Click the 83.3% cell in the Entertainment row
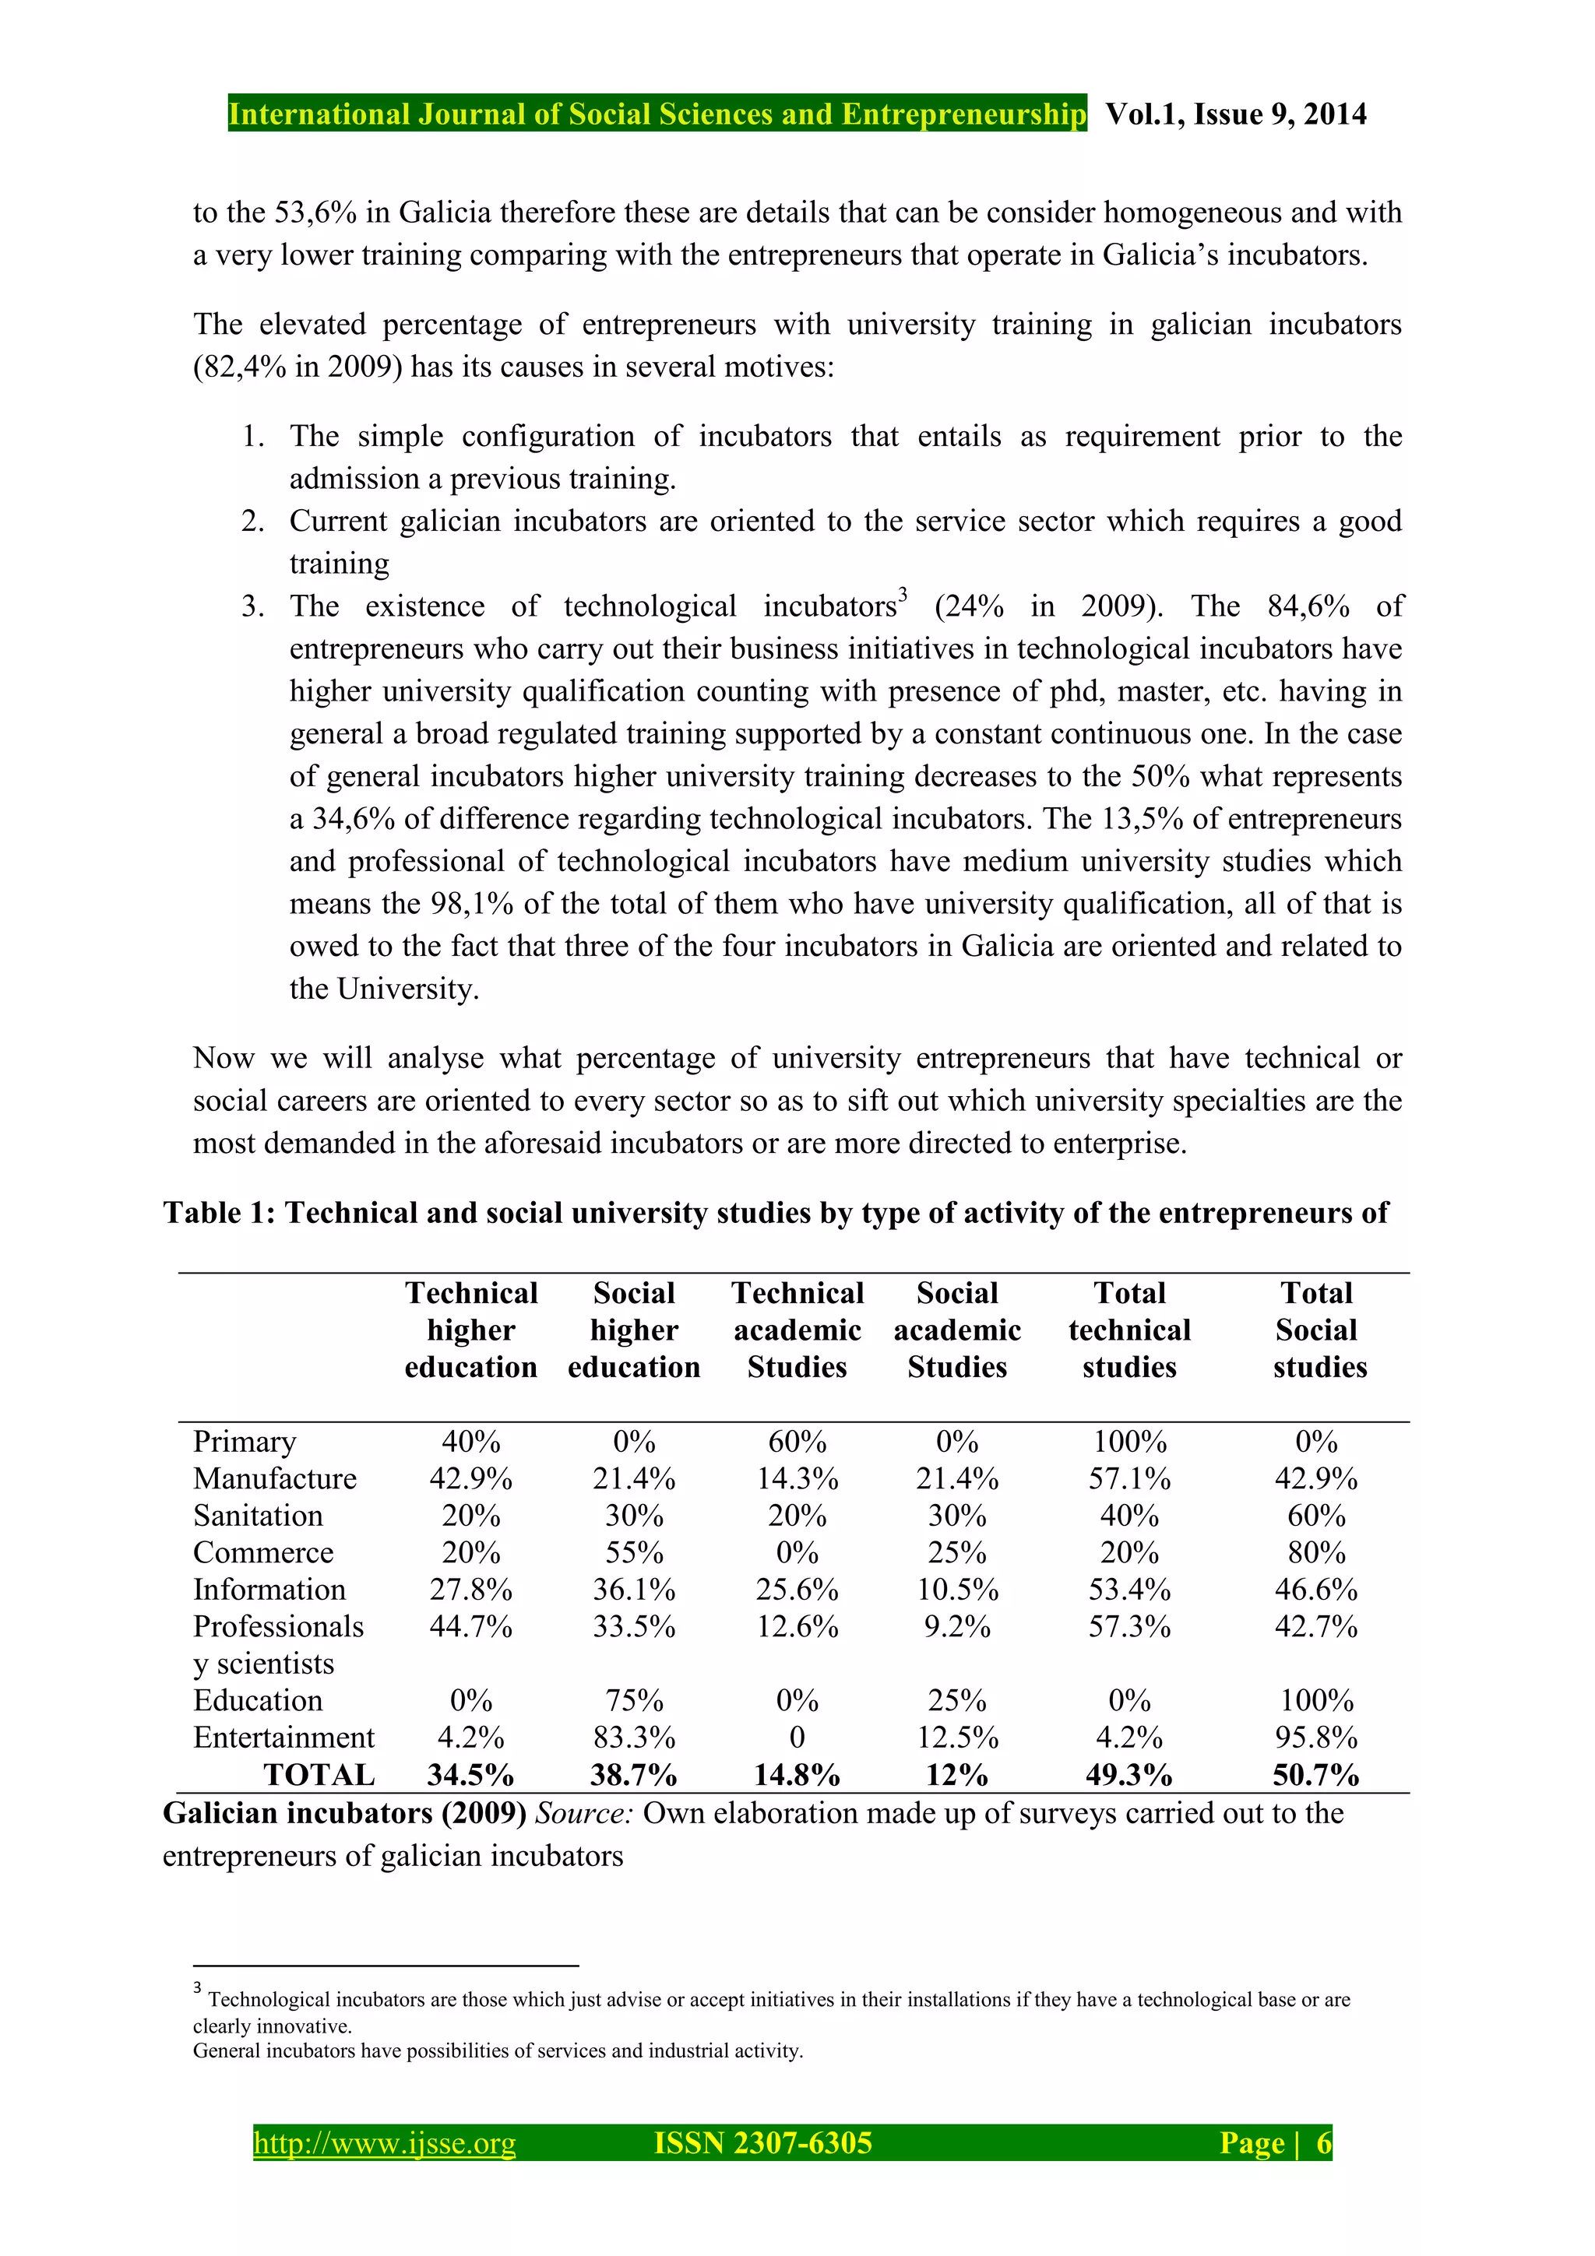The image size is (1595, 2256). (x=634, y=1738)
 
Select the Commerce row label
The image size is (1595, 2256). (x=263, y=1552)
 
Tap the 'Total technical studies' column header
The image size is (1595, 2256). (x=1129, y=1330)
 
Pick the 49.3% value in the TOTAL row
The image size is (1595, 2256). (x=1129, y=1775)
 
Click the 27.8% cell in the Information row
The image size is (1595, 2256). (x=470, y=1590)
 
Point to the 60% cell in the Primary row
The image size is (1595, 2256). (x=797, y=1442)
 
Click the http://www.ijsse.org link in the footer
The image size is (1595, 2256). (x=384, y=2143)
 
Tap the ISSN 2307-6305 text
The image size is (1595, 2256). (x=762, y=2143)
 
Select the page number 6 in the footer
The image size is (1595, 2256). (x=1324, y=2143)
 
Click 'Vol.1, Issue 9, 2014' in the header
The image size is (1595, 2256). (x=1235, y=114)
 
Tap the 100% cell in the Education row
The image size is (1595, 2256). (x=1316, y=1701)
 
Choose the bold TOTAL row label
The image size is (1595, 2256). (x=319, y=1775)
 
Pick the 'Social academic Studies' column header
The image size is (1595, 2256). (x=957, y=1330)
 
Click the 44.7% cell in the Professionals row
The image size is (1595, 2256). (x=470, y=1626)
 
